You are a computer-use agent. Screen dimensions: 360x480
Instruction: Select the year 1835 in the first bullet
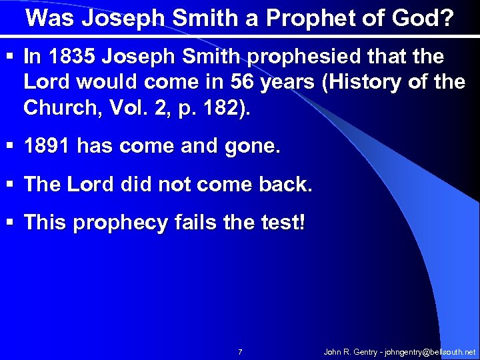point(69,57)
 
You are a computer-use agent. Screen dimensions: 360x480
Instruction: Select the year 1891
point(47,147)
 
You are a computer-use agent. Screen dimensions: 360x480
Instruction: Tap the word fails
point(193,223)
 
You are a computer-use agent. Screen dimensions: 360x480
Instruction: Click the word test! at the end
point(281,223)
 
